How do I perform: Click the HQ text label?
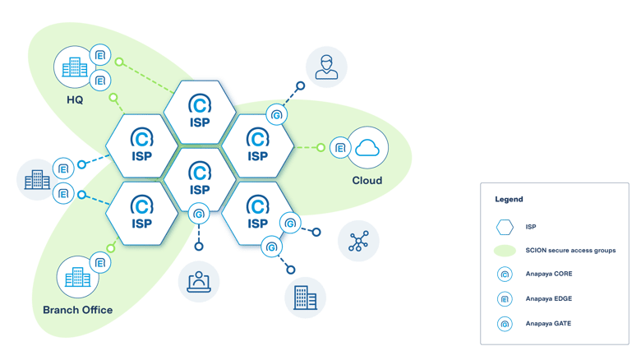[x=75, y=99]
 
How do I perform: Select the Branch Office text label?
[x=77, y=310]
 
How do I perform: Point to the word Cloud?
[x=367, y=180]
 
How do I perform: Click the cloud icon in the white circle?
[x=369, y=147]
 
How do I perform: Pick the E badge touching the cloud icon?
[x=339, y=148]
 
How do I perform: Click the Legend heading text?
[x=509, y=199]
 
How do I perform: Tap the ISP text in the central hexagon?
[x=200, y=190]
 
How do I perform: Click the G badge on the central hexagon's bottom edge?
[x=198, y=215]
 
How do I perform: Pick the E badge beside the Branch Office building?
[x=100, y=263]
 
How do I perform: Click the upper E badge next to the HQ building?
[x=99, y=55]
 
